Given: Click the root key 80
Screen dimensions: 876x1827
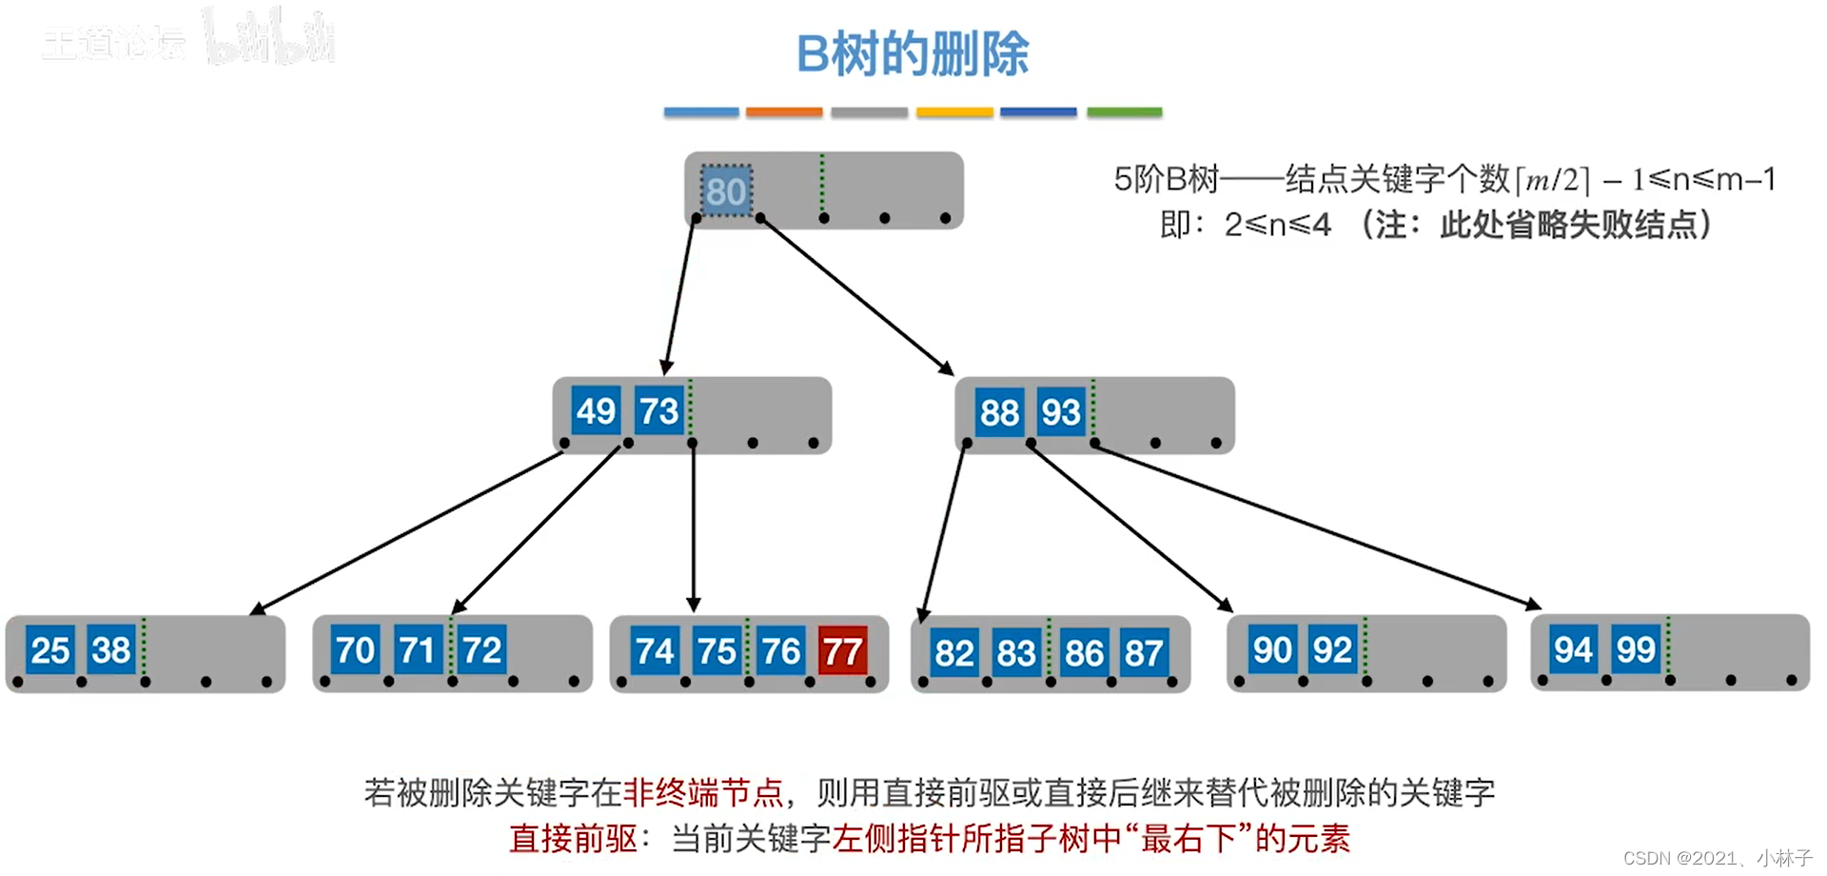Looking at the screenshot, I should point(726,191).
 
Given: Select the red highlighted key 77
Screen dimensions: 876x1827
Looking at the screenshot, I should point(842,651).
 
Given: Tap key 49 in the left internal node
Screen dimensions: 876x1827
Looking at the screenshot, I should point(596,411).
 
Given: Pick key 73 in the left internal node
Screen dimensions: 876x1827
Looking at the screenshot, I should point(658,411).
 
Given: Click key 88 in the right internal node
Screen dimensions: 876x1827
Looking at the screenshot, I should point(999,412).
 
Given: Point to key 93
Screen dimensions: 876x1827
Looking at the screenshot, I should point(1060,412).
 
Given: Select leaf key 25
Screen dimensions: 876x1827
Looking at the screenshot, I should point(49,650).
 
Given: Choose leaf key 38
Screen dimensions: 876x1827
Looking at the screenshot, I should point(110,650).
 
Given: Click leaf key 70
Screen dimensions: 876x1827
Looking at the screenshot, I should point(355,650).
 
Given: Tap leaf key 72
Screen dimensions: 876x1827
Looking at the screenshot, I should point(481,650).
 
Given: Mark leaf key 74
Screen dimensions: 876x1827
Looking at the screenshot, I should point(655,651).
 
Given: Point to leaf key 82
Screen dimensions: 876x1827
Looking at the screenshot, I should point(953,653).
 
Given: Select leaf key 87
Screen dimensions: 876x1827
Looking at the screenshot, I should point(1143,653).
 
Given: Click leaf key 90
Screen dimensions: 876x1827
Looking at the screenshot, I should point(1271,649).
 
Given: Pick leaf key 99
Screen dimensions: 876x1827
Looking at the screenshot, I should point(1635,649).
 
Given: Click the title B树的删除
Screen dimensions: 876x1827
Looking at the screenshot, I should point(913,53).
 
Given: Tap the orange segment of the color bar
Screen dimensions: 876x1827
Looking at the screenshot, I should point(783,112).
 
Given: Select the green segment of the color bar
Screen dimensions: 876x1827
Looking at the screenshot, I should point(1124,112).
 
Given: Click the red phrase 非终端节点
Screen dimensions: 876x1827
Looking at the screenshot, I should point(703,792).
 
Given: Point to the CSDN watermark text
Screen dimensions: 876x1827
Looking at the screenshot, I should point(1717,858).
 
